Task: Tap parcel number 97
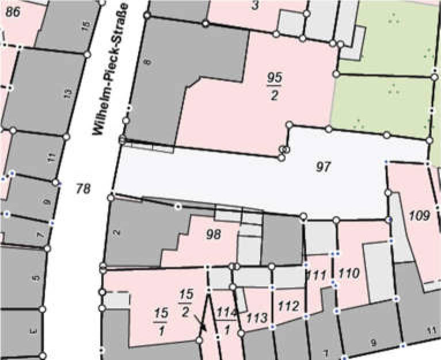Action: [x=325, y=167]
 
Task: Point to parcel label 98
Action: [x=213, y=234]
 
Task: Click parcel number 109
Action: [x=420, y=216]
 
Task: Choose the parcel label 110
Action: [x=349, y=272]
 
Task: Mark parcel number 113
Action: [x=256, y=317]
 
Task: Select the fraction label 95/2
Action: [x=275, y=86]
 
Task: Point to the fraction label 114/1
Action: [x=227, y=320]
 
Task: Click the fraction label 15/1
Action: [x=161, y=320]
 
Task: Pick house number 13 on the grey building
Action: [x=68, y=92]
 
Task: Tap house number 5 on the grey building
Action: [x=36, y=278]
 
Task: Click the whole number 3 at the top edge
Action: [x=255, y=6]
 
